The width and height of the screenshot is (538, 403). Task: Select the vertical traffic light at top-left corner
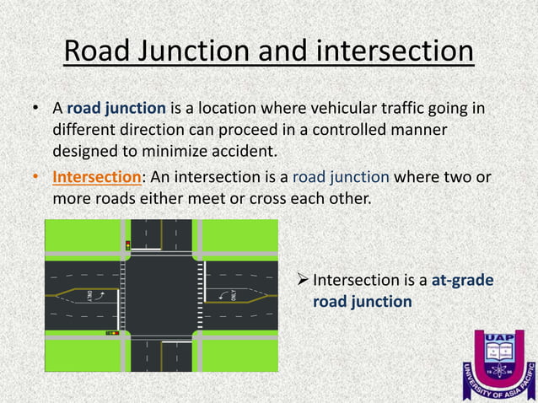tap(127, 246)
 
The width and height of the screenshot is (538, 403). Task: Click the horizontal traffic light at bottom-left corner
tap(111, 334)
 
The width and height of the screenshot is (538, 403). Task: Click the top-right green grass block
tap(239, 235)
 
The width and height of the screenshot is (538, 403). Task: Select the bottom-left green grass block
tap(82, 354)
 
